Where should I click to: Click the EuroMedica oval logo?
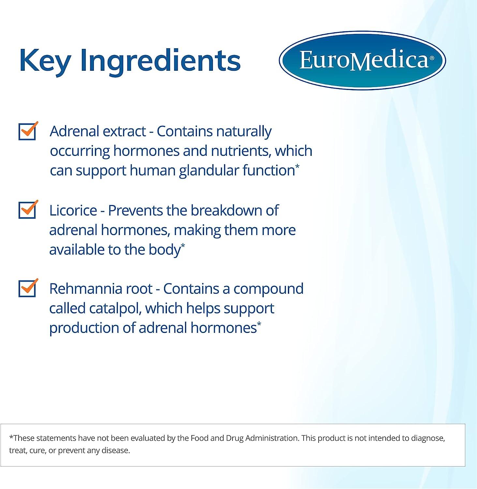[362, 60]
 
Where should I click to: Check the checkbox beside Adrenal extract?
[27, 131]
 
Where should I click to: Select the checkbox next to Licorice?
[27, 210]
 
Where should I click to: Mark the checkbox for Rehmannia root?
[27, 289]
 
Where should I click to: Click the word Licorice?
[73, 211]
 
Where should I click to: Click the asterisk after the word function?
[297, 167]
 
